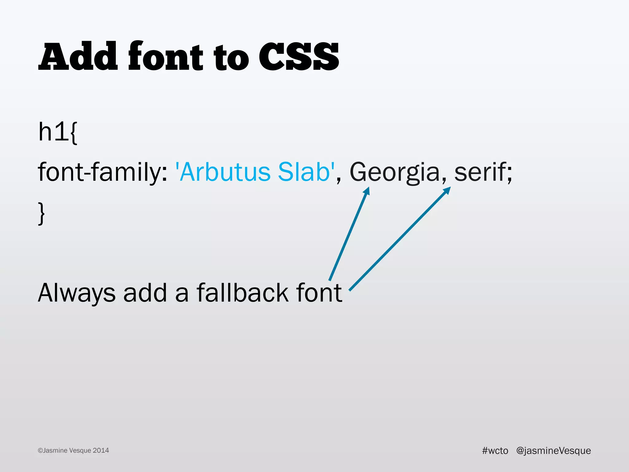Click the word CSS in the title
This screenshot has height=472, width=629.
(299, 57)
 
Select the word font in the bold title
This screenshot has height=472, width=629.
(166, 56)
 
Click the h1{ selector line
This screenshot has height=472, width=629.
(58, 132)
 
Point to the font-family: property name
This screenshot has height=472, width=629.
(103, 172)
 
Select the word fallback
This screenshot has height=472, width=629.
(242, 293)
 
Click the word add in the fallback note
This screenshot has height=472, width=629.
(145, 293)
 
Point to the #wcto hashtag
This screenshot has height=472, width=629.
(495, 450)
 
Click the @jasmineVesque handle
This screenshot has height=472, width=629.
(553, 450)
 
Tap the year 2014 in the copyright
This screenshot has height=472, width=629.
(101, 450)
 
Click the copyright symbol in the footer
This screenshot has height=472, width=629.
(40, 451)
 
